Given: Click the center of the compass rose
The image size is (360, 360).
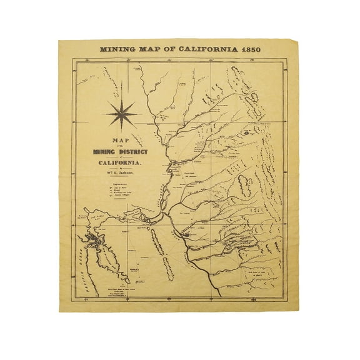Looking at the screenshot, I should pyautogui.click(x=122, y=114).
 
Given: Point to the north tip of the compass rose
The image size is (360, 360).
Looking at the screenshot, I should pyautogui.click(x=122, y=98).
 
